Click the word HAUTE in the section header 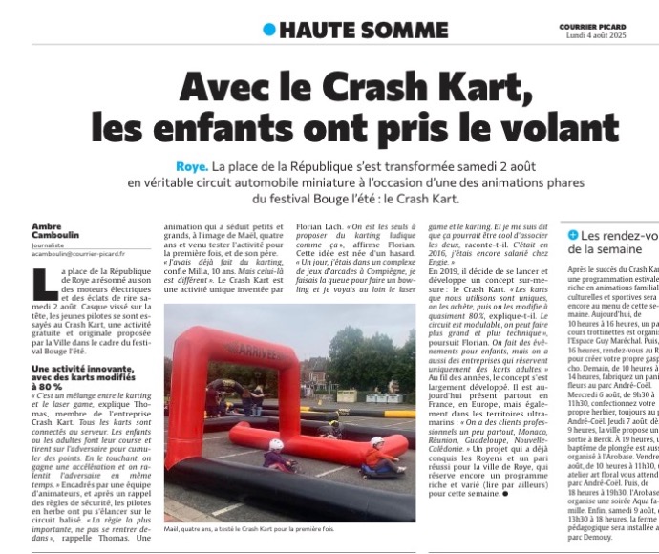pos(317,30)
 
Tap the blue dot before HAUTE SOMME pos(269,30)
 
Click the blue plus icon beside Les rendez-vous pos(572,234)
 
